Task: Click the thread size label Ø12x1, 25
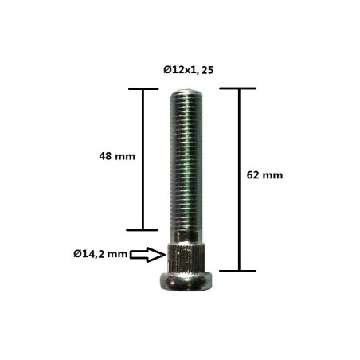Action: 188,70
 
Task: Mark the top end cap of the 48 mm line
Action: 144,88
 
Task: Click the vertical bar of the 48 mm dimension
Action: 144,159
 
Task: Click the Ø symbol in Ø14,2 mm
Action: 73,255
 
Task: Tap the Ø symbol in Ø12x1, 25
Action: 166,70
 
